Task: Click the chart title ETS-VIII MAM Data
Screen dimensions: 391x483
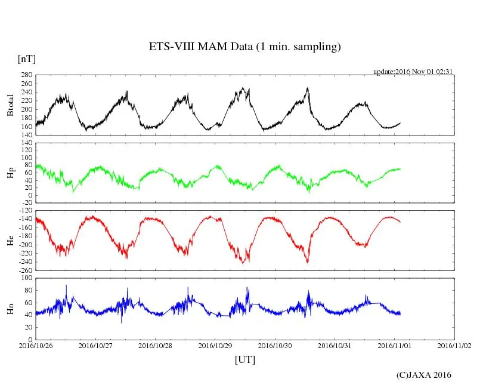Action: coord(244,47)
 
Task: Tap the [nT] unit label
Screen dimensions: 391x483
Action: coord(26,59)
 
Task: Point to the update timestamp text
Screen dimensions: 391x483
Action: coord(413,71)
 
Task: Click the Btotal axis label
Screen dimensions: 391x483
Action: coord(10,105)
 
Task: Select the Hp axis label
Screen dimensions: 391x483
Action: coord(10,173)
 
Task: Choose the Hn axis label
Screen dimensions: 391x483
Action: coord(10,309)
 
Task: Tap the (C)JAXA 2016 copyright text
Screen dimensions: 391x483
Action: coord(424,375)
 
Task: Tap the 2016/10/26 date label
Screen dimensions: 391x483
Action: coord(36,345)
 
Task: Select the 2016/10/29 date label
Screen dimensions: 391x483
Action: coord(215,345)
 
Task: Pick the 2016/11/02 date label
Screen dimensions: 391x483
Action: coord(454,345)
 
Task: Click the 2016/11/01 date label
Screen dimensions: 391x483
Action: coord(395,345)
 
